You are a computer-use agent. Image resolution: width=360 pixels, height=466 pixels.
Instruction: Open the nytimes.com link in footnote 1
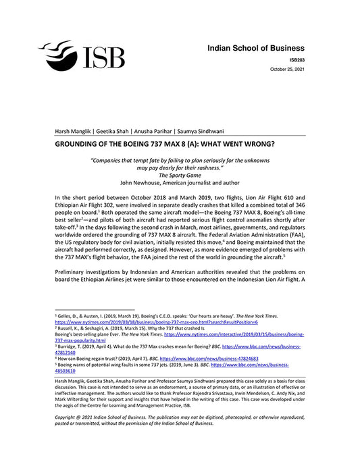coord(140,321)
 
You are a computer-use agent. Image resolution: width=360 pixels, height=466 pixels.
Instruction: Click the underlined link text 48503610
coord(65,371)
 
